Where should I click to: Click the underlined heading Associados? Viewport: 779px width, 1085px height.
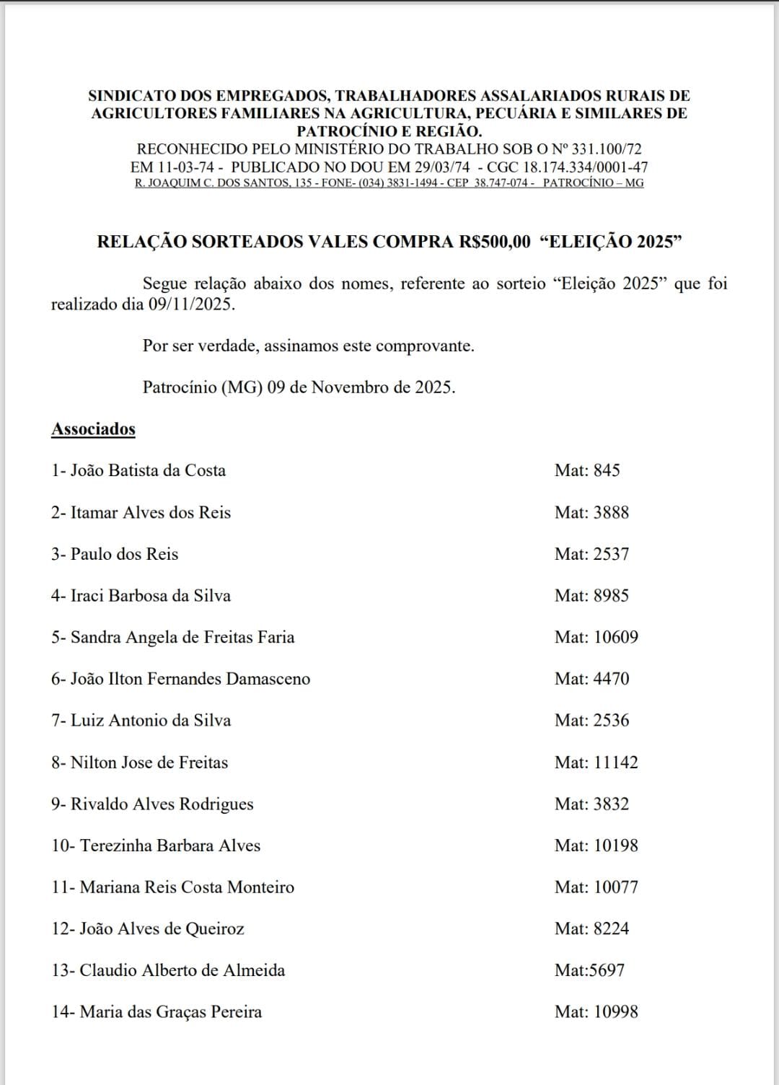[x=93, y=429]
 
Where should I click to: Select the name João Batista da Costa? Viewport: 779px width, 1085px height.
[x=147, y=470]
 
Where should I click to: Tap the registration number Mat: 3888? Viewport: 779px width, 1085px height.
[x=591, y=512]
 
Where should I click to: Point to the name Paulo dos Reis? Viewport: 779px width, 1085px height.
[x=124, y=554]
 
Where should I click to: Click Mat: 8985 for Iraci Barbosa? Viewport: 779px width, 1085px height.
[x=591, y=595]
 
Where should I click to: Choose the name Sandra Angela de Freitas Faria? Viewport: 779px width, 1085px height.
[x=182, y=637]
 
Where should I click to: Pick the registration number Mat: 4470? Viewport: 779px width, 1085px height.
[x=591, y=679]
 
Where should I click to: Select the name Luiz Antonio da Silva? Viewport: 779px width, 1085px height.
[x=150, y=720]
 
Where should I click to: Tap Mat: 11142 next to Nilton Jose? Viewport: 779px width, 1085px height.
[x=596, y=762]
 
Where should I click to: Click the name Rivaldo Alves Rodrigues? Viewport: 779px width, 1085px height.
[x=162, y=804]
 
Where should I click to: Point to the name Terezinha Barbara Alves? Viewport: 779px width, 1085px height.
[x=170, y=845]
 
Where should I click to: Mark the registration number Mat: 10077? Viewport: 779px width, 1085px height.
[x=596, y=887]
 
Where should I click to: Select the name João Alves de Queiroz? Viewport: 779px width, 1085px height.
[x=162, y=928]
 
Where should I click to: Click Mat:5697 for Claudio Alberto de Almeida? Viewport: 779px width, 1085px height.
[x=589, y=970]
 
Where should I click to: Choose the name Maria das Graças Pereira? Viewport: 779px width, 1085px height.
[x=170, y=1011]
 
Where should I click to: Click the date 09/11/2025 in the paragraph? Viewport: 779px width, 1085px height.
[x=192, y=304]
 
